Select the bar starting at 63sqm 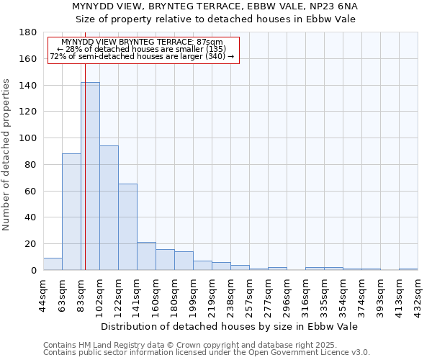tap(71, 212)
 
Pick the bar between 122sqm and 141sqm tap(127, 227)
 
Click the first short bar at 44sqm tap(53, 264)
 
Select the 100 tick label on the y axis tap(28, 138)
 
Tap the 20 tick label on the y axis tap(31, 244)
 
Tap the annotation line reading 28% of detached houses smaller tap(142, 49)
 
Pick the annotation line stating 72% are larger tap(142, 56)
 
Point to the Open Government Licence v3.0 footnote tap(207, 353)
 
